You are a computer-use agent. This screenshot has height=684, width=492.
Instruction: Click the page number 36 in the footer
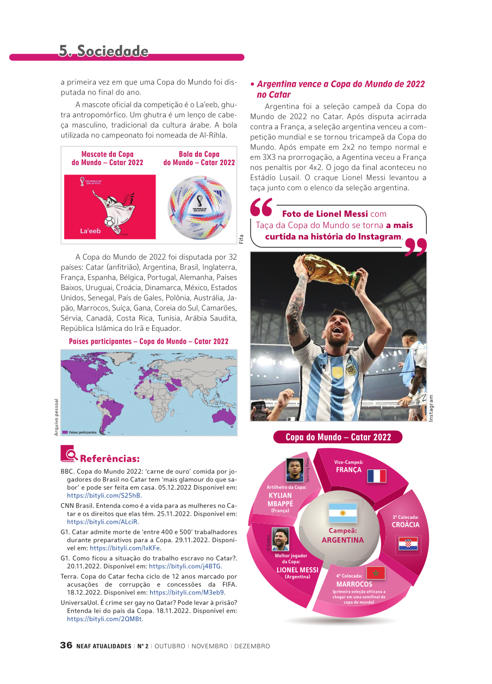point(66,645)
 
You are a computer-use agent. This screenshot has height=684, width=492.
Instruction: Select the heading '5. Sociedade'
point(104,51)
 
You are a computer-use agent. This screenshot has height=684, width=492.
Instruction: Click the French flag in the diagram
point(376,476)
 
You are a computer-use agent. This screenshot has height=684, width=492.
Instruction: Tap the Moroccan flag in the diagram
point(375,572)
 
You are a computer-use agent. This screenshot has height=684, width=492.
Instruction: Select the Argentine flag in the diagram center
point(342,513)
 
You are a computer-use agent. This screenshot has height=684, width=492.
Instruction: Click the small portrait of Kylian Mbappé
point(295,470)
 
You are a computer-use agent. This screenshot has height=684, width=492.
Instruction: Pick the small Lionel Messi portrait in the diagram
point(281,539)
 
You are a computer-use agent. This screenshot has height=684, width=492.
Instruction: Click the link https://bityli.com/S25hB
point(104,495)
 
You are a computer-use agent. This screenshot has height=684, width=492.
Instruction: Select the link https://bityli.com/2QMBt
point(105,619)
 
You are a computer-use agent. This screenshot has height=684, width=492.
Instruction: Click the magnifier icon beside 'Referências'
point(68,454)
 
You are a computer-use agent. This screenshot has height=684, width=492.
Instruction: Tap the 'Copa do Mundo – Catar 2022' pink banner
point(338,437)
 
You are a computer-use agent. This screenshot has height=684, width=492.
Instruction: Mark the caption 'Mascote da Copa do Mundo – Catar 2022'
point(108,158)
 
